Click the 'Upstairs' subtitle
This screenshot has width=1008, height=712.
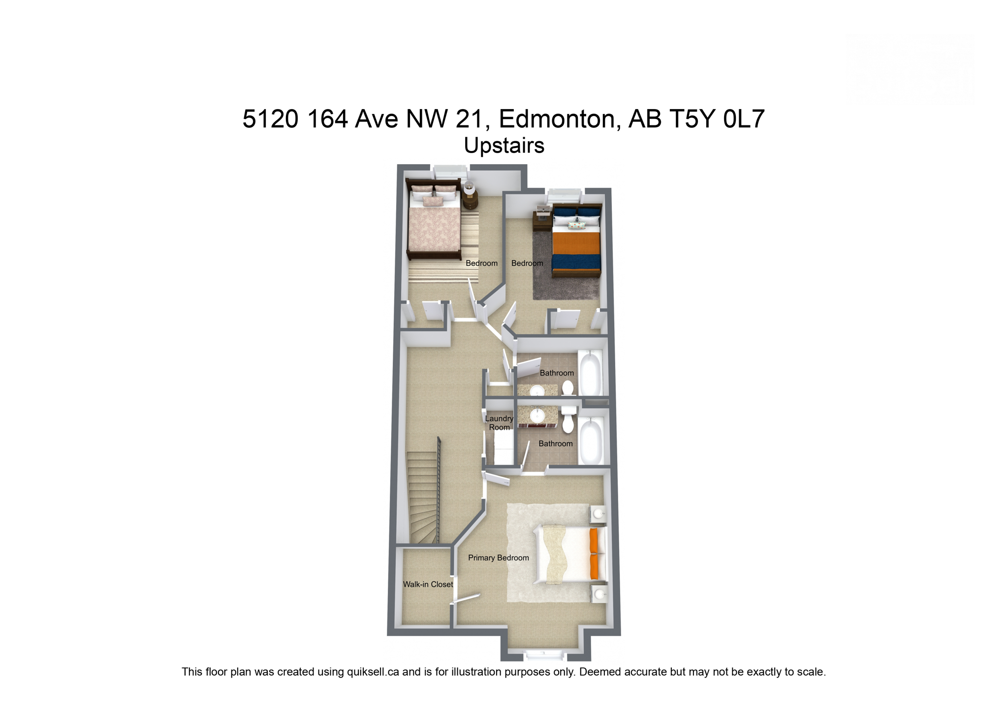[504, 146]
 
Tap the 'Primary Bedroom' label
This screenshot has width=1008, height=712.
[498, 558]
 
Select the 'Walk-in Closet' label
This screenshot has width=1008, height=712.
[427, 584]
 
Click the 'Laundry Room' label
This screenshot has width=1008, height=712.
[499, 423]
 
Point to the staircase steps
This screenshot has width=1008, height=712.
[422, 497]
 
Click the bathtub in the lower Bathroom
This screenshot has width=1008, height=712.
[591, 441]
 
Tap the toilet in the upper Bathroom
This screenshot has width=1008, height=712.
[567, 388]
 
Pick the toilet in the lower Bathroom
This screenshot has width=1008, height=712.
[568, 420]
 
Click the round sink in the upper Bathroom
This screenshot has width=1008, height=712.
[536, 391]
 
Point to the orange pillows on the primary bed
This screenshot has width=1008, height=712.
[594, 553]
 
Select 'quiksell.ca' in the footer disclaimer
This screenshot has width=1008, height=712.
[373, 672]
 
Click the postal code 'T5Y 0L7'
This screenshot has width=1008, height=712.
[717, 119]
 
